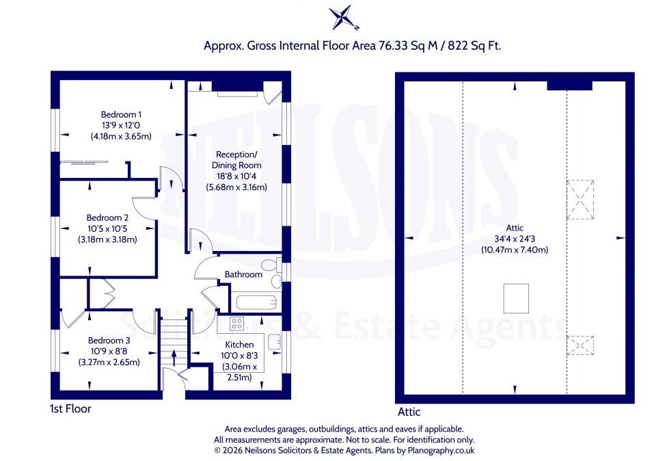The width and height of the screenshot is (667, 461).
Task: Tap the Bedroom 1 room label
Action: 121,114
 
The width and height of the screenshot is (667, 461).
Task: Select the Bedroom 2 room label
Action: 107,218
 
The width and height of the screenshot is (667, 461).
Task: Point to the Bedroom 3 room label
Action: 109,341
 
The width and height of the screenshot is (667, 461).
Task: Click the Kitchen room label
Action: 239,345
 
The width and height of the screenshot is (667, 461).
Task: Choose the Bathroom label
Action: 243,274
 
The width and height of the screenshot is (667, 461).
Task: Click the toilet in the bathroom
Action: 271,265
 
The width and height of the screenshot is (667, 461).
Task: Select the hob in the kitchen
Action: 236,324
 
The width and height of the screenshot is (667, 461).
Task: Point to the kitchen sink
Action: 274,342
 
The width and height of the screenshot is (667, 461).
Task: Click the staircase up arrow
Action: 174,358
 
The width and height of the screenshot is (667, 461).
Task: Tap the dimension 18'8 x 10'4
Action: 236,176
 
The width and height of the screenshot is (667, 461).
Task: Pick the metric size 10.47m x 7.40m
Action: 515,250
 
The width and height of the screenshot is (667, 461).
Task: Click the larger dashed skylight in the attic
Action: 580,200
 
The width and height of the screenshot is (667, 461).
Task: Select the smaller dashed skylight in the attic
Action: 580,345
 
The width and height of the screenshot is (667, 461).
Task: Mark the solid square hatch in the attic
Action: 516,298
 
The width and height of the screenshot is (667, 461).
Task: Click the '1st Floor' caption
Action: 70,409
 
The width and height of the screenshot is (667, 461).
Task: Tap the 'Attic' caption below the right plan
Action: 409,412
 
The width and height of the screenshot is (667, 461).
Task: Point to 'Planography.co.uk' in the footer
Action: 441,450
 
